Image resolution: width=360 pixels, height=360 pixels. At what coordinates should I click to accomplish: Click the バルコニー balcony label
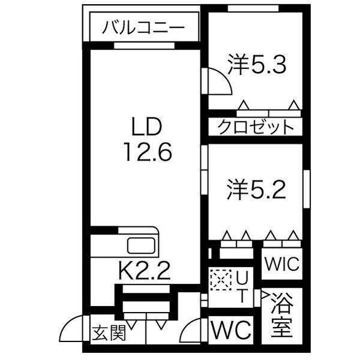tap(142, 28)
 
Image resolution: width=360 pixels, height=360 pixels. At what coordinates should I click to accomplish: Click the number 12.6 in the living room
tap(148, 152)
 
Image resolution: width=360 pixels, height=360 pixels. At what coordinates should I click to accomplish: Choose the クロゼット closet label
tap(256, 127)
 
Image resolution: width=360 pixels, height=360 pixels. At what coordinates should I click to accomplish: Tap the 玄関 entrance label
tap(109, 332)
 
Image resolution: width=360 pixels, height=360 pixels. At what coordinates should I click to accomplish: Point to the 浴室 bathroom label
tap(282, 316)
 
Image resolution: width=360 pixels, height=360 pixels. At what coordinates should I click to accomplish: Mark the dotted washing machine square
tap(220, 278)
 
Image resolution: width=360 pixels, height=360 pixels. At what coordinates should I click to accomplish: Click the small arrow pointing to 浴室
tap(264, 295)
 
